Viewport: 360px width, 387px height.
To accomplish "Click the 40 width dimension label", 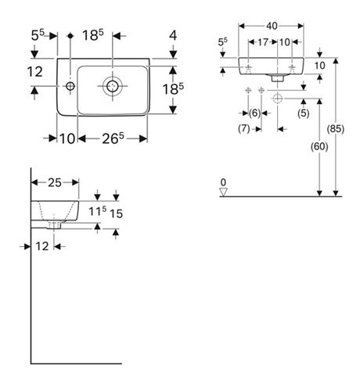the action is click(x=272, y=26).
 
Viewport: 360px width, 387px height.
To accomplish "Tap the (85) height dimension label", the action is click(x=336, y=129).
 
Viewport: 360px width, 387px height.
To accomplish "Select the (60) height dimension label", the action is click(x=319, y=146).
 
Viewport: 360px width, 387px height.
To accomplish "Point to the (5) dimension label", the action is click(x=304, y=113).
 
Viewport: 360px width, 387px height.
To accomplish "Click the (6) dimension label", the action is click(x=254, y=113).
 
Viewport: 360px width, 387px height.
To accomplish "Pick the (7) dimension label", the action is click(x=244, y=129).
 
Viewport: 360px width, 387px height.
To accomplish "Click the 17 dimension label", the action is click(x=263, y=42).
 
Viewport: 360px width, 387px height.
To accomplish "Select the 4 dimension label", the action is click(x=173, y=35).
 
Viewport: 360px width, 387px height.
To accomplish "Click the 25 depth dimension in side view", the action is click(x=55, y=183).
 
